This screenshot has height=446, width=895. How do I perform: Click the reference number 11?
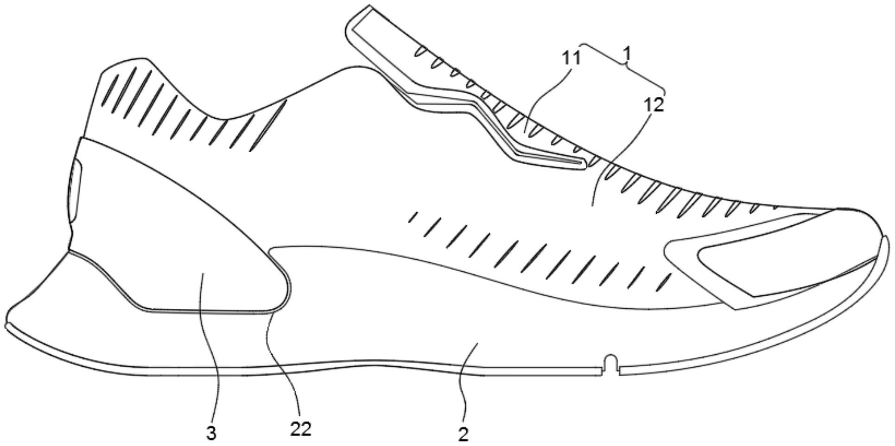click(x=571, y=58)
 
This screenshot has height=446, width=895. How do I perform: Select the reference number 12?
click(x=654, y=105)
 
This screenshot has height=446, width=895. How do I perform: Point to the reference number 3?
click(x=211, y=433)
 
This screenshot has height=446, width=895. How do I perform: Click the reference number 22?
click(x=300, y=429)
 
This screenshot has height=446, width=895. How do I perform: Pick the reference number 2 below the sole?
click(x=463, y=434)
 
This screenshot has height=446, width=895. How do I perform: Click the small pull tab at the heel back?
click(x=75, y=190)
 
